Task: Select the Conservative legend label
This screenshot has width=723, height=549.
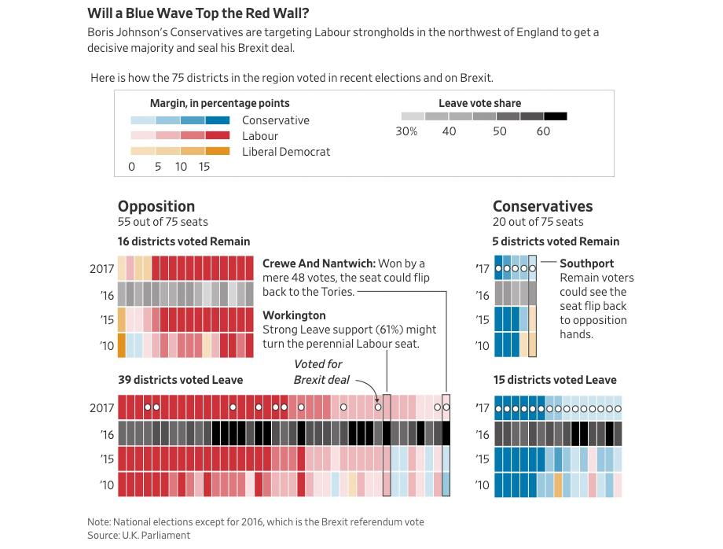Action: [x=276, y=120]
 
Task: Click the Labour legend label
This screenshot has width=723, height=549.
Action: [x=260, y=136]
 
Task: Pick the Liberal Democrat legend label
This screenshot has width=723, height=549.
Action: [x=286, y=152]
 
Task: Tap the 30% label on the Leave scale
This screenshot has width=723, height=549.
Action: [x=406, y=131]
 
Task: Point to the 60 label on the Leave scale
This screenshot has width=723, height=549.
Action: [x=543, y=131]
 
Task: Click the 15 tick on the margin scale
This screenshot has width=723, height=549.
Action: [x=204, y=167]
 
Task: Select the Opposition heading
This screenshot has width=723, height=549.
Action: [x=156, y=206]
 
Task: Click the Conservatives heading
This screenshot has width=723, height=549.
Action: [x=542, y=206]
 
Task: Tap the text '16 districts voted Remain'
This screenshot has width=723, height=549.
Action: [x=184, y=241]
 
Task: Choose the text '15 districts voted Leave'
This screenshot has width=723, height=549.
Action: [x=555, y=380]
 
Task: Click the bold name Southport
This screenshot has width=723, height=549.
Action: [x=587, y=263]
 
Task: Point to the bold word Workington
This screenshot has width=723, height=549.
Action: [x=294, y=315]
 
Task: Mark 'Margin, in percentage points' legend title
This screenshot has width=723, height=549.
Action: [x=219, y=103]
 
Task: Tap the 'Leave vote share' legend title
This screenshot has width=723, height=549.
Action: [x=479, y=103]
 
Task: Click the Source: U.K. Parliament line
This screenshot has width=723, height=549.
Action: [x=138, y=535]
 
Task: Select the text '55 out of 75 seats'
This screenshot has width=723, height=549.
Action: [x=163, y=223]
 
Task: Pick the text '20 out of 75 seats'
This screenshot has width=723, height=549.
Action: [x=538, y=223]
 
